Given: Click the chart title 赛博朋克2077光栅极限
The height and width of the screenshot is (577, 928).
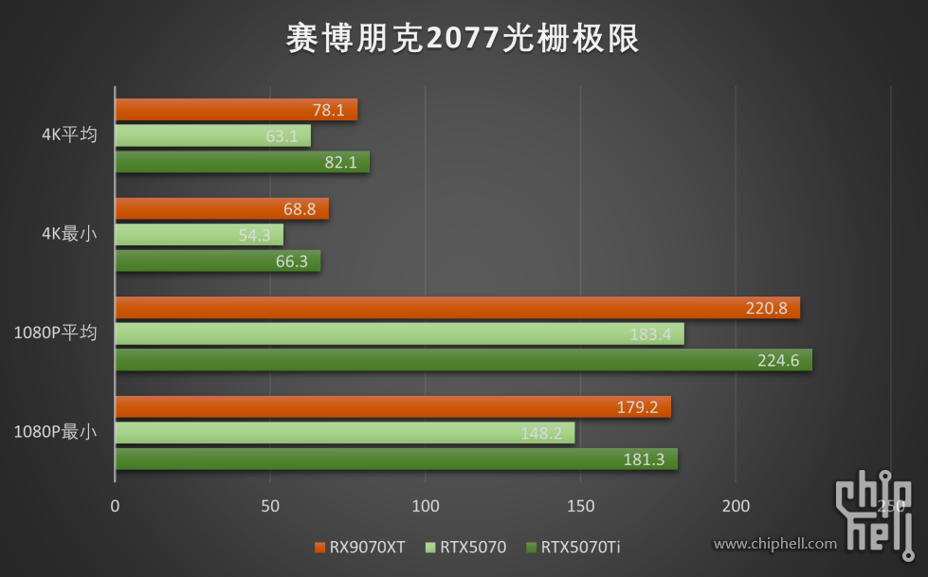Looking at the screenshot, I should [x=464, y=39].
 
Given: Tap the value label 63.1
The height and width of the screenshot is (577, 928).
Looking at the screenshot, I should [x=282, y=136].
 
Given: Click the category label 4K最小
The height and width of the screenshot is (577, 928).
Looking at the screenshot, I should [x=69, y=234].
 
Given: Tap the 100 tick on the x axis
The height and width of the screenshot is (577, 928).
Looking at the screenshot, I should [x=426, y=506].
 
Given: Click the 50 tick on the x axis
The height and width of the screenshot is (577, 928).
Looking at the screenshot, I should [x=270, y=506].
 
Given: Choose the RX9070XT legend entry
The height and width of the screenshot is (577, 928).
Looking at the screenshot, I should [x=359, y=547].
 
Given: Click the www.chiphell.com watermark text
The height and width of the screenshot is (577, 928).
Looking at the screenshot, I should [x=774, y=544].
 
